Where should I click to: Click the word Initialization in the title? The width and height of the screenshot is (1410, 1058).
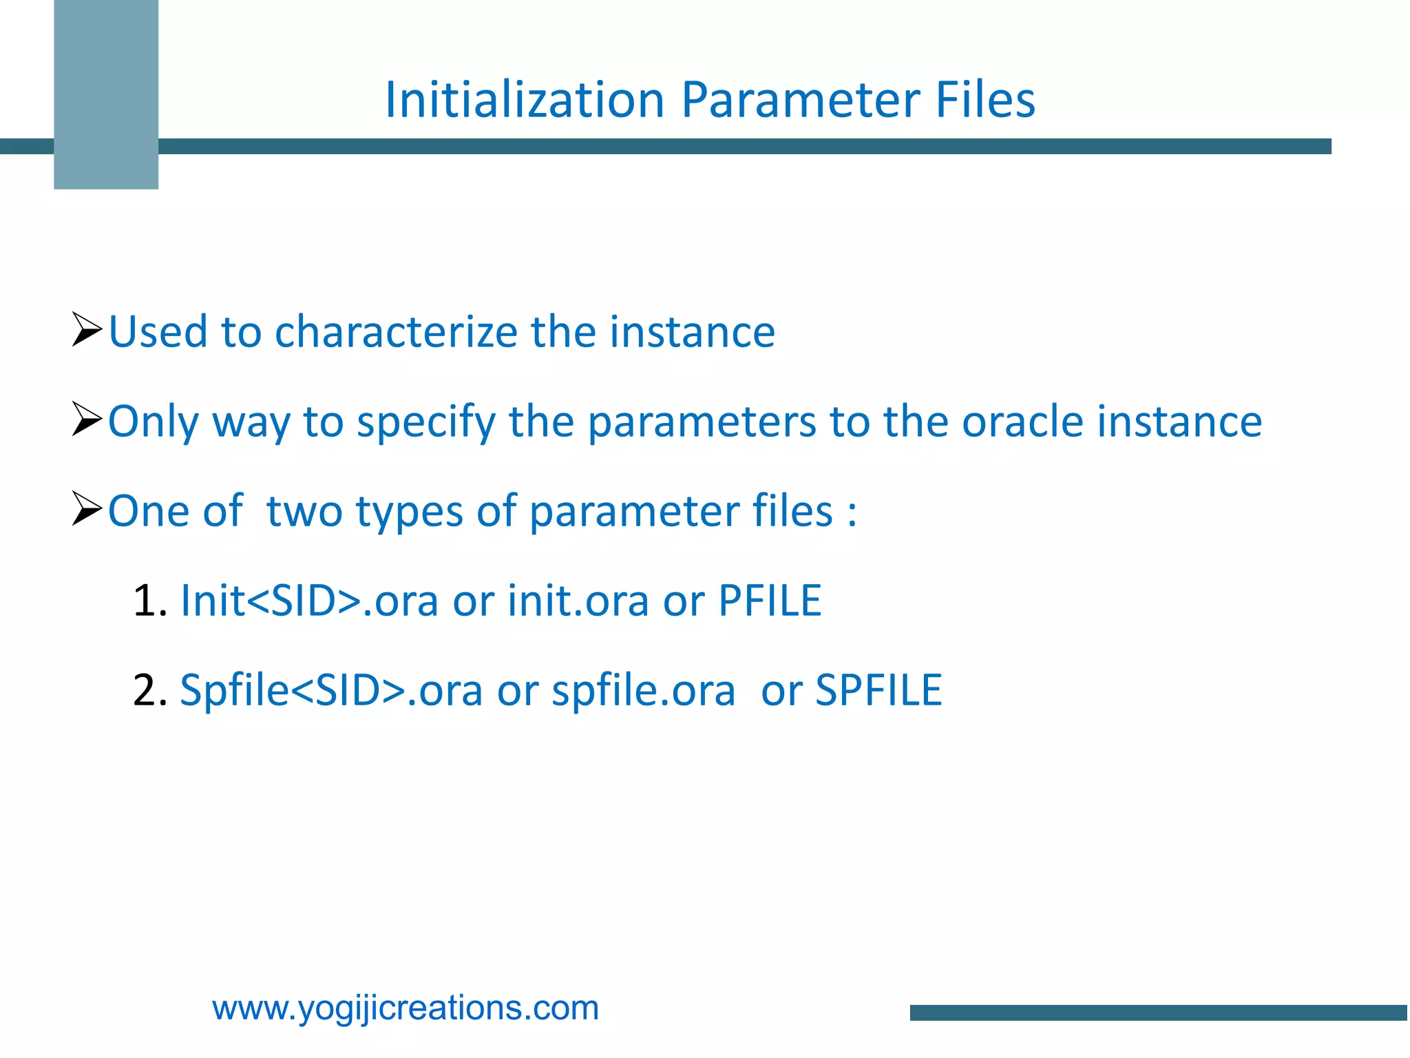(525, 100)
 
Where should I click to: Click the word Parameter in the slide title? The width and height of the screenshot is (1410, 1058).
(801, 100)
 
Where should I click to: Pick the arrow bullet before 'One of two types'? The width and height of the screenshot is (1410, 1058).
(87, 509)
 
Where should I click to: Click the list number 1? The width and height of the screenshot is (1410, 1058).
(149, 601)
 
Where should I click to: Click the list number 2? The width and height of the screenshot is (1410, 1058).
(149, 690)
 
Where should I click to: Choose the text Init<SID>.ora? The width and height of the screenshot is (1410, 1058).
(308, 601)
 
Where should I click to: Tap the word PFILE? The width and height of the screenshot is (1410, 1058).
(769, 601)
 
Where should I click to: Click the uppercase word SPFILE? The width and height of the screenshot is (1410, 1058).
(878, 690)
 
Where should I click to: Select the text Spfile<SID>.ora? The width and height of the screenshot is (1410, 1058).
(330, 690)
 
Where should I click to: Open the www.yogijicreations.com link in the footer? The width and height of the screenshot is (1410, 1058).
(406, 1008)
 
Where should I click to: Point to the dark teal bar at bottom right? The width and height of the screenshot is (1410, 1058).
(1158, 1013)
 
